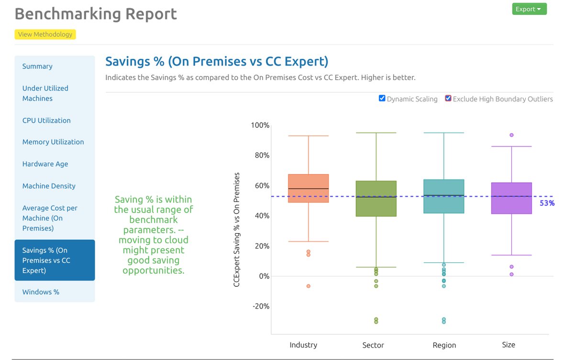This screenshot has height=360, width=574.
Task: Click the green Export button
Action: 529,9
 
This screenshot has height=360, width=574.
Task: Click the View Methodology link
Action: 45,34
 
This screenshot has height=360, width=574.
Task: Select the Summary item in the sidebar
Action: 37,67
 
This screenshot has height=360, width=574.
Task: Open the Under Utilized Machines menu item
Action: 45,93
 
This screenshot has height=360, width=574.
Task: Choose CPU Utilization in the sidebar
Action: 46,121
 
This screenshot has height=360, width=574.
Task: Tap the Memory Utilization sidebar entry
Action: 53,142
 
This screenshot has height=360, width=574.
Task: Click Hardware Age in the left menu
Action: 45,164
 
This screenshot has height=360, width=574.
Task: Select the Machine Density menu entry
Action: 49,186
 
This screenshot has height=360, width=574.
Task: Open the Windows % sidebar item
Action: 41,292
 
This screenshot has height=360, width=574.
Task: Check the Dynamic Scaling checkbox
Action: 382,99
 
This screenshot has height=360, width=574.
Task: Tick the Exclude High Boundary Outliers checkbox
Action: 448,99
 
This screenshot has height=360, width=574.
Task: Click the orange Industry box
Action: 308,189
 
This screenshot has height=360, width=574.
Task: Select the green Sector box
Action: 376,199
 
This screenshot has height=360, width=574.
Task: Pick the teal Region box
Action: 444,196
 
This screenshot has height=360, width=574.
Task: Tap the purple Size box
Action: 511,198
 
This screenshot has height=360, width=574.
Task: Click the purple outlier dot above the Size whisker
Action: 511,135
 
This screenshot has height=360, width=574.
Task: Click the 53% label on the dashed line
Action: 547,203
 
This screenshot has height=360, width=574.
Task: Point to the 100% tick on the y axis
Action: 260,125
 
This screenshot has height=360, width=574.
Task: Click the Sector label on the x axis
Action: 373,345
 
